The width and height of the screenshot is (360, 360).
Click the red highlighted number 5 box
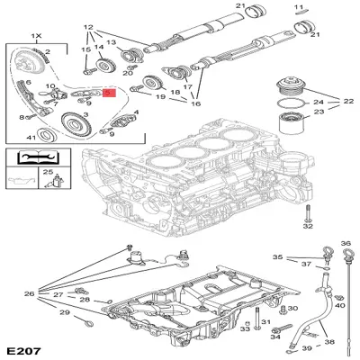tap(110, 92)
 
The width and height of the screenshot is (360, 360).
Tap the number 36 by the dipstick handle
tap(344, 244)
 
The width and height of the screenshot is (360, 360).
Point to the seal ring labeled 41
tap(47, 137)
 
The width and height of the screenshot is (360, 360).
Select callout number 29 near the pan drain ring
tap(64, 312)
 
